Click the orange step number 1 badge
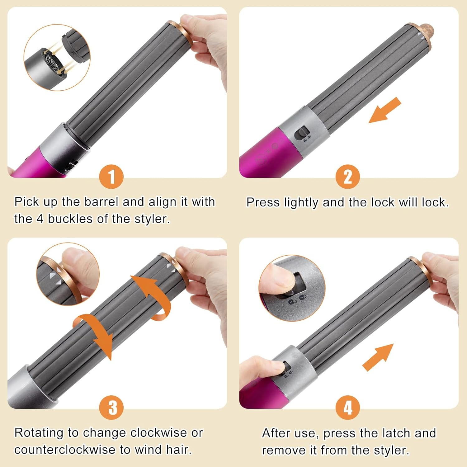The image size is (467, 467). [x=111, y=177]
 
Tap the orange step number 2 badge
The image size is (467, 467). [x=347, y=177]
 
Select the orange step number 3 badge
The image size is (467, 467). [x=111, y=408]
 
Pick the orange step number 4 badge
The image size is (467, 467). [x=347, y=408]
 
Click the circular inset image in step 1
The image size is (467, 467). [x=57, y=58]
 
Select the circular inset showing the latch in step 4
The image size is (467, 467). [x=292, y=288]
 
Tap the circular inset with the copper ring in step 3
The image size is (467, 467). [x=68, y=274]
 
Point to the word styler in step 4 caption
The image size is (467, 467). [x=392, y=450]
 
